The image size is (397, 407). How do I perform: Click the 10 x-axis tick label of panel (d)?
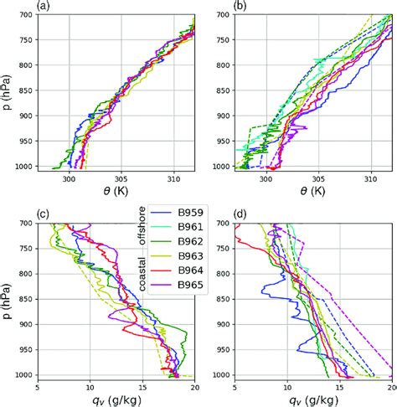287,387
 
